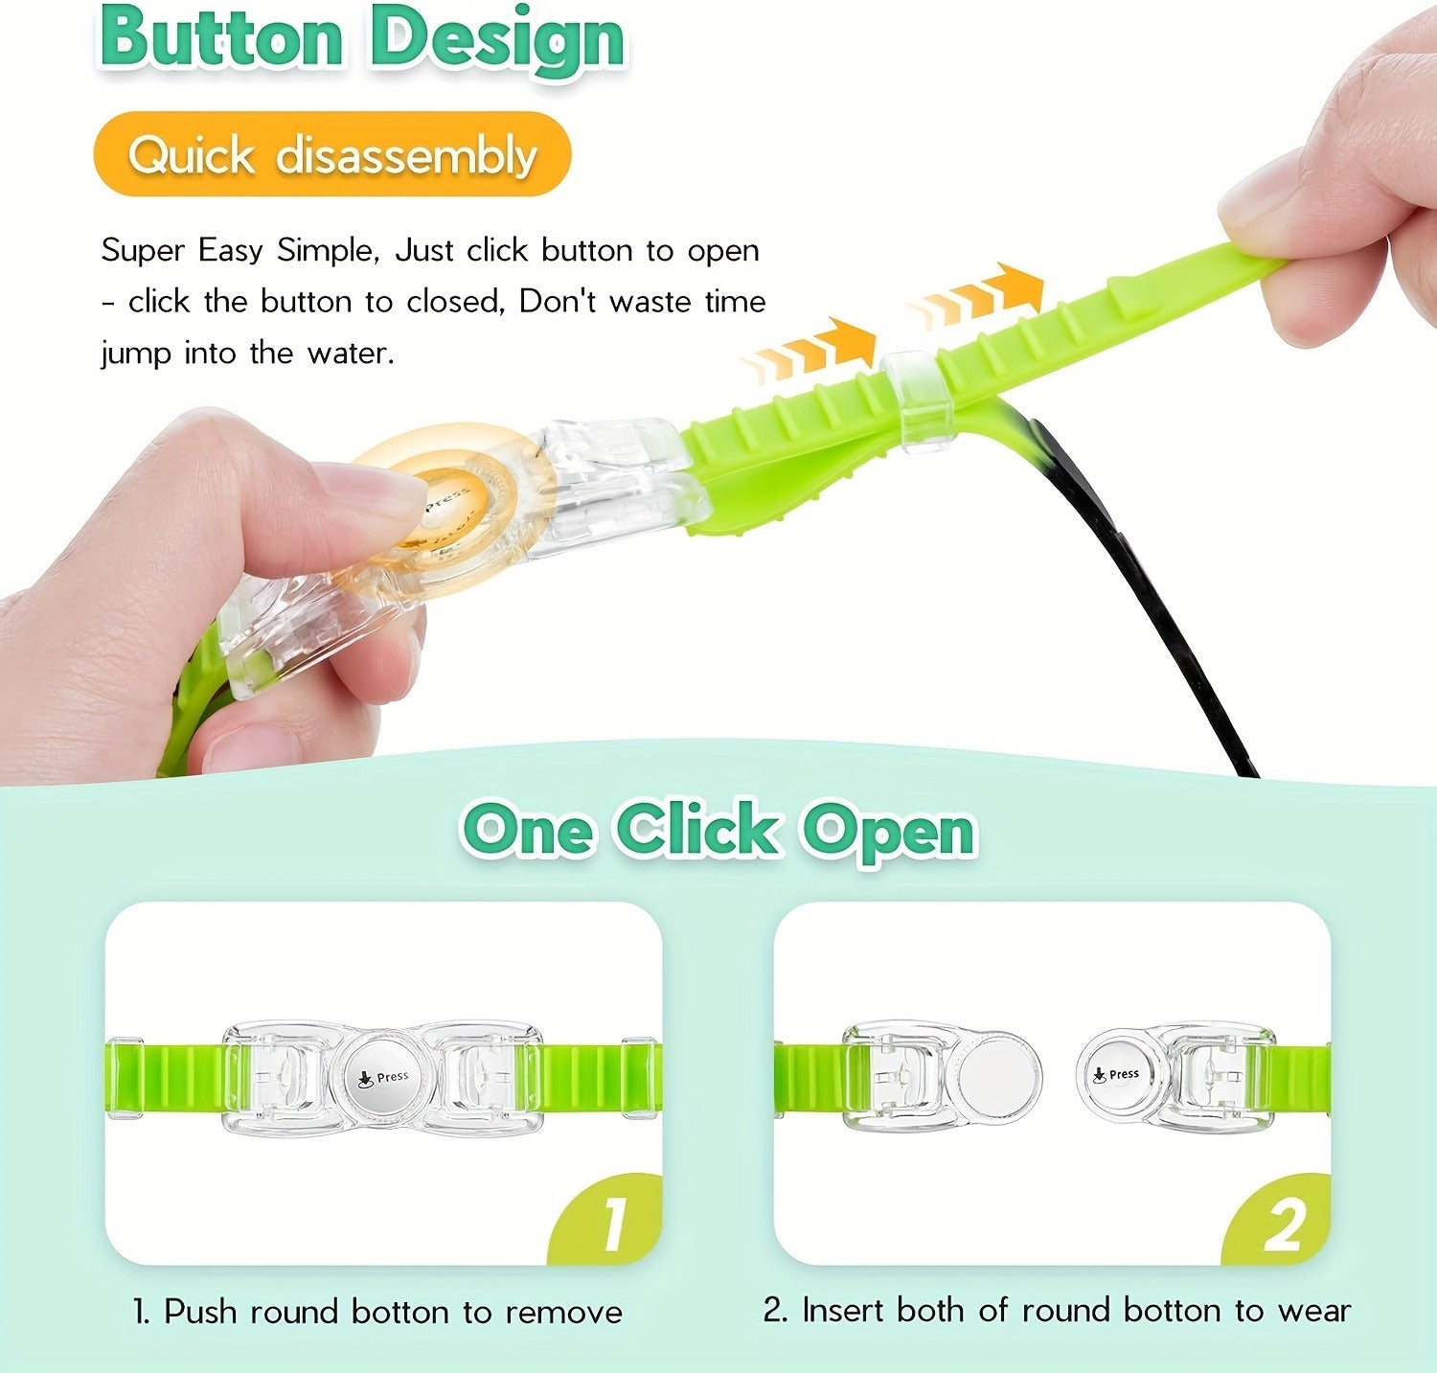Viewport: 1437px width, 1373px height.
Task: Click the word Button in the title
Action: click(x=221, y=38)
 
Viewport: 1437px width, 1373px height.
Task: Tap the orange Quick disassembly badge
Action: click(x=332, y=154)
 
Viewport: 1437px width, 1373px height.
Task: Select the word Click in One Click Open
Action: click(x=696, y=829)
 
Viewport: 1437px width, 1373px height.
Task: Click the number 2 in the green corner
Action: click(x=1284, y=1224)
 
